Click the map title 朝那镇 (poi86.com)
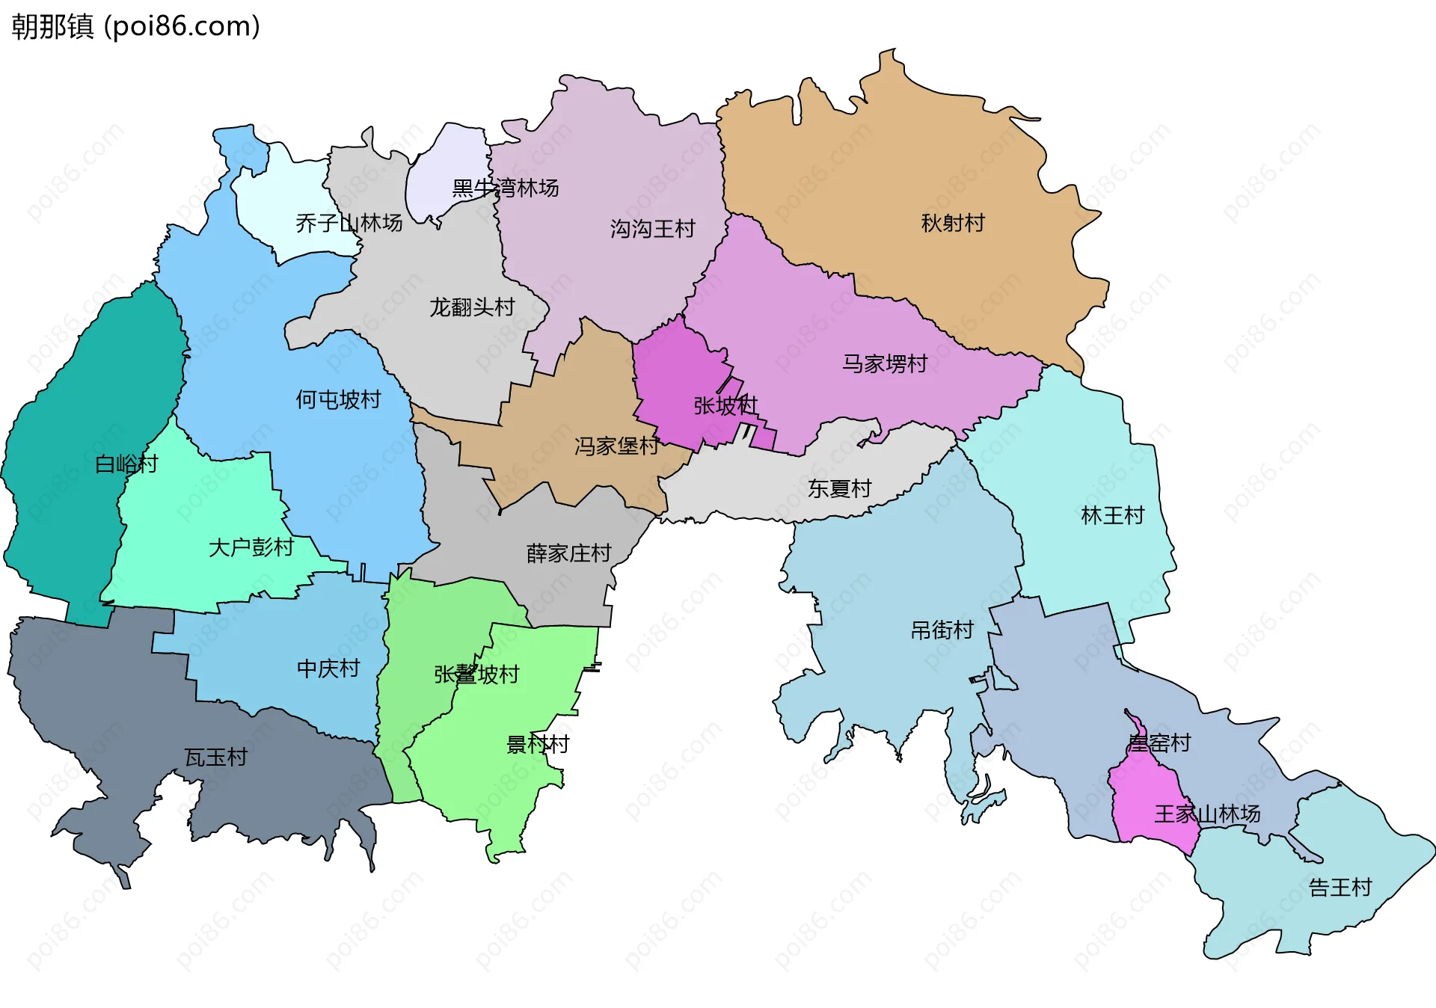click(135, 26)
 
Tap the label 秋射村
click(952, 223)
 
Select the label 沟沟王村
click(652, 228)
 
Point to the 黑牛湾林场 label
click(506, 188)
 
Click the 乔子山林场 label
click(349, 223)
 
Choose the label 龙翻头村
click(472, 307)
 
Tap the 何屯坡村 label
click(338, 399)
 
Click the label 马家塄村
click(885, 363)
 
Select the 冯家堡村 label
click(616, 446)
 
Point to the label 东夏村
click(839, 488)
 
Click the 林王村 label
click(1112, 515)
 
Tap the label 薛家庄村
click(568, 553)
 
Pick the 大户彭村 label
click(251, 547)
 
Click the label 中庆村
click(328, 668)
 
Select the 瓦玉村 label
click(215, 757)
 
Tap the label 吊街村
click(942, 630)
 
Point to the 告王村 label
click(1340, 888)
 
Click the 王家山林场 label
click(1206, 814)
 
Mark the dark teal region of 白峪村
click(67, 464)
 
